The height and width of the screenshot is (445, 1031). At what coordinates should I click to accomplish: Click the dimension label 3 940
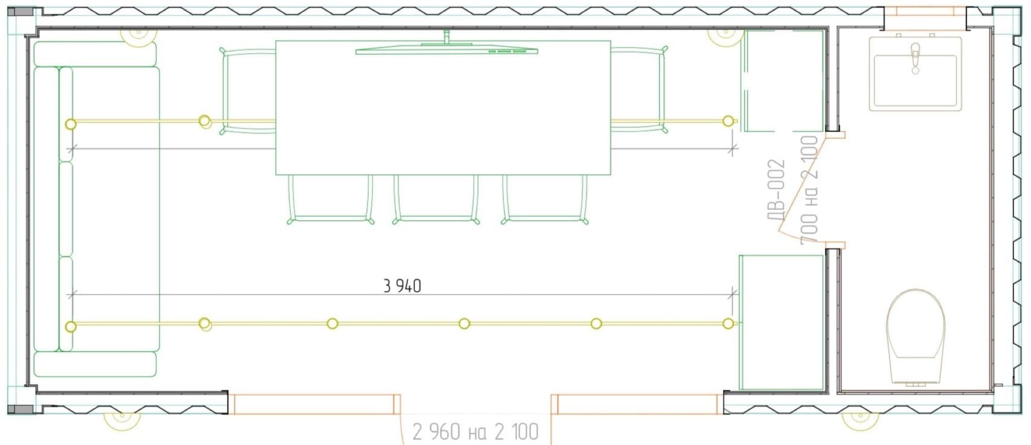coord(402,286)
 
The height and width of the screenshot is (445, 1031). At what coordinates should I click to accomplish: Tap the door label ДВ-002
coord(776,189)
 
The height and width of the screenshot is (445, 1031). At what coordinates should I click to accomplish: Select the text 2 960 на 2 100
coord(475,432)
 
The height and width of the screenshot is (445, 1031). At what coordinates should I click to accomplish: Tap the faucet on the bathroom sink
coord(916,58)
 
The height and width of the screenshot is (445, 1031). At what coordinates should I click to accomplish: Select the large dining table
coord(443,107)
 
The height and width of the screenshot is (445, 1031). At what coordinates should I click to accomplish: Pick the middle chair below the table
coord(436,199)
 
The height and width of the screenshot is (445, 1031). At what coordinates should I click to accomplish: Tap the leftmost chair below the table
coord(330,199)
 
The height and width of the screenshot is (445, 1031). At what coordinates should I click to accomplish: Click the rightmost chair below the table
coord(545,199)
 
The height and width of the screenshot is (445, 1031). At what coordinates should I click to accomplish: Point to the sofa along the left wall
coord(96,209)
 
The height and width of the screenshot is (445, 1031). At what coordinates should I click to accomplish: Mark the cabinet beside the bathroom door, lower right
coord(781,322)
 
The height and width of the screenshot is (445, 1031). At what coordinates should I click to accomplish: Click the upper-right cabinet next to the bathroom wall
coord(782,80)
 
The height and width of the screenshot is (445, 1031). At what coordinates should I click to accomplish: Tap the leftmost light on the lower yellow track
coord(71,326)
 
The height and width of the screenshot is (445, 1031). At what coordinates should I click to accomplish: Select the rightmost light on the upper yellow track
coord(728,121)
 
